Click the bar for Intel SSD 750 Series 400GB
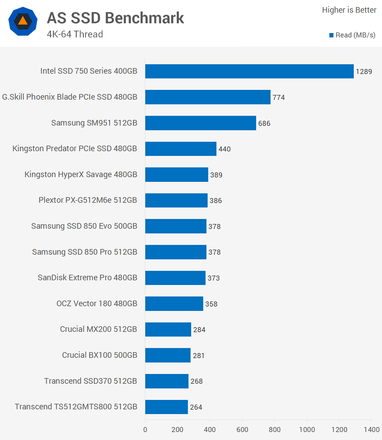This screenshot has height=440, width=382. (249, 71)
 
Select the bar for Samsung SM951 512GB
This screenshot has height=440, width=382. (201, 123)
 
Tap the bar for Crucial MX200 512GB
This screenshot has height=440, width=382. (168, 329)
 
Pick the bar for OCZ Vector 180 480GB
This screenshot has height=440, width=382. (174, 304)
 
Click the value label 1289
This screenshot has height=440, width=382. (364, 72)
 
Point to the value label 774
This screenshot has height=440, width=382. (278, 98)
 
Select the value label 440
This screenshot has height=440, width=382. (224, 149)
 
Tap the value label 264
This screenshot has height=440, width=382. (196, 407)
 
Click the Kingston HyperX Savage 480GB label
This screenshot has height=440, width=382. (81, 174)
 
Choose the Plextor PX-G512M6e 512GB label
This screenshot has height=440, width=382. (88, 200)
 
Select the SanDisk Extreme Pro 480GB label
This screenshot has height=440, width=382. (87, 278)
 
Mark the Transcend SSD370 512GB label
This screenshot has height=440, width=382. (91, 381)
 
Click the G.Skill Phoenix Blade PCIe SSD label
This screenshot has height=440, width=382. (70, 97)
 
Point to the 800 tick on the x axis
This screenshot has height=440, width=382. (274, 430)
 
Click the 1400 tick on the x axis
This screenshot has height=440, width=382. (371, 430)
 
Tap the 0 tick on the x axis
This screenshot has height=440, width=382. (145, 430)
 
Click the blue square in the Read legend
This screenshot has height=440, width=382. (331, 35)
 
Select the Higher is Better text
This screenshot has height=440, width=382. (349, 10)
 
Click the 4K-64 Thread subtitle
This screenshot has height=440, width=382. (75, 34)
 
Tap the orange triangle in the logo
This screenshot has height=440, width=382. (23, 21)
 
